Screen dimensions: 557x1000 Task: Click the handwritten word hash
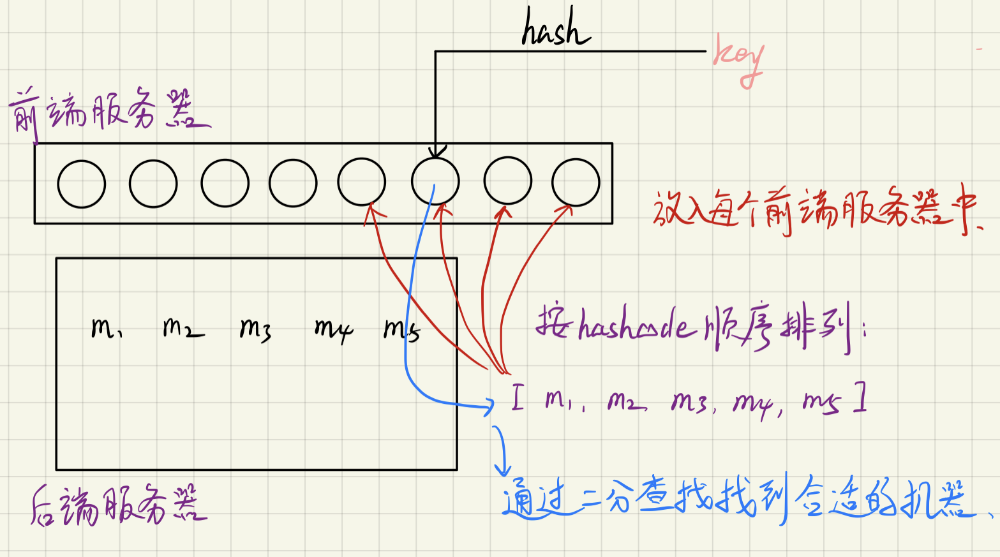tap(555, 29)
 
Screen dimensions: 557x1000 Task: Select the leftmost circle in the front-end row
tap(82, 184)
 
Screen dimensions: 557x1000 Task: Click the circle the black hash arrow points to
tap(435, 182)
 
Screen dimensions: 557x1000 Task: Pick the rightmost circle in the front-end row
tap(576, 183)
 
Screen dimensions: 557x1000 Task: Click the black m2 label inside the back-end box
tap(183, 327)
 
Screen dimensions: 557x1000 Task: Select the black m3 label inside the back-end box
tap(255, 329)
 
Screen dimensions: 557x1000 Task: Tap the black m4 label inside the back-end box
tap(333, 329)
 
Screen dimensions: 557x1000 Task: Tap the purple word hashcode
tap(635, 327)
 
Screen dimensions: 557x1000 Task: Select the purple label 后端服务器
tap(119, 505)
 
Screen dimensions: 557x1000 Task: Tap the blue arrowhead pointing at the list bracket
tap(489, 405)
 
